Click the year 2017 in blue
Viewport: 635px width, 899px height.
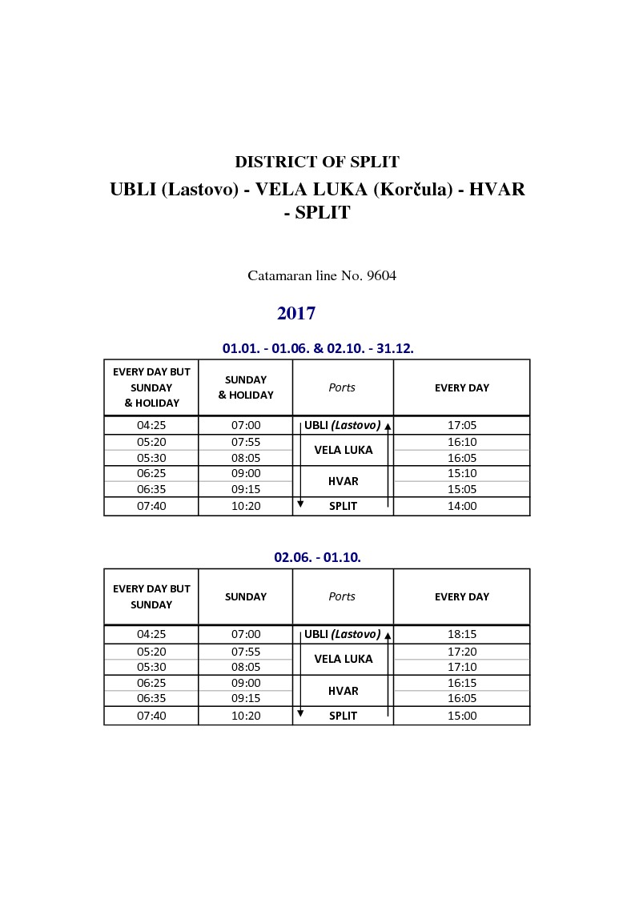(296, 313)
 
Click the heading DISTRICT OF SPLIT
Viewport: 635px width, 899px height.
(317, 163)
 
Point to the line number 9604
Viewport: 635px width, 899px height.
(381, 276)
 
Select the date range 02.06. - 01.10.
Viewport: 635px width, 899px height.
(317, 557)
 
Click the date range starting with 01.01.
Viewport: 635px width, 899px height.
(317, 348)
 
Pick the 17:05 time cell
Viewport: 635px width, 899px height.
(462, 426)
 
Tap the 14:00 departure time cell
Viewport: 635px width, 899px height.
(462, 506)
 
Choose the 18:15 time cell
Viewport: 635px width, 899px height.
(462, 634)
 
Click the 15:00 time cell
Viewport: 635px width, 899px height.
(462, 716)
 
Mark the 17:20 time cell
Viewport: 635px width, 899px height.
(462, 652)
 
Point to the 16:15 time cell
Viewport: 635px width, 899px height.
(462, 683)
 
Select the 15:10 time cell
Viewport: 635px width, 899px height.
(462, 474)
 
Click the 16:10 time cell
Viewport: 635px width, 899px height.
(462, 442)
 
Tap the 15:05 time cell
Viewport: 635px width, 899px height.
(462, 489)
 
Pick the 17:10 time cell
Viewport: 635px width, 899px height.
(462, 667)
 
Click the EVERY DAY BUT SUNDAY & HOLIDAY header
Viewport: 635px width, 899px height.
(151, 387)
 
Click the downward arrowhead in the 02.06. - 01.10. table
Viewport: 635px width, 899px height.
(300, 712)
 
